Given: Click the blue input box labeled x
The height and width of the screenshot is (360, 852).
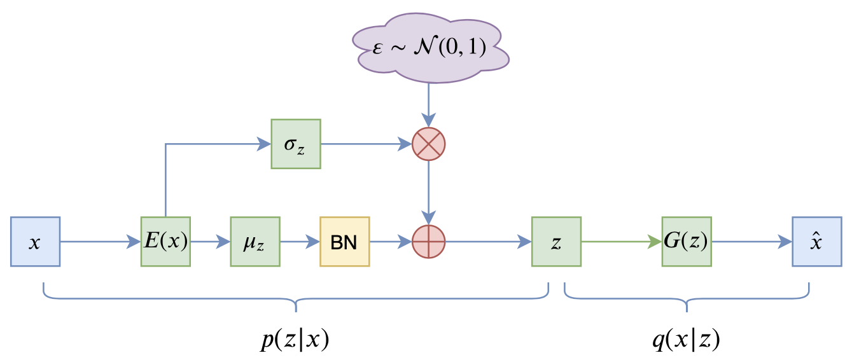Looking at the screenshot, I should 35,242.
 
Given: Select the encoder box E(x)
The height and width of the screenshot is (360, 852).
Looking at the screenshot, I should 165,242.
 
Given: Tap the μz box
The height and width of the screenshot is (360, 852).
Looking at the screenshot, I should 255,242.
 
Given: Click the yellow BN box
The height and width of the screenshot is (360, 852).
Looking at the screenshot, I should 344,242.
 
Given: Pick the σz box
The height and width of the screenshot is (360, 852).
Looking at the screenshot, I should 296,144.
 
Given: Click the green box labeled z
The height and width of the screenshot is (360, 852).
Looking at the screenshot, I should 556,242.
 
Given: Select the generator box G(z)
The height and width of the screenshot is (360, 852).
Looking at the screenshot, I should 687,242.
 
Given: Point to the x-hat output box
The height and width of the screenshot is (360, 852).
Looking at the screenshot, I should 817,242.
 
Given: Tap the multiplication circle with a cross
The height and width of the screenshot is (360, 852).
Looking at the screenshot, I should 429,144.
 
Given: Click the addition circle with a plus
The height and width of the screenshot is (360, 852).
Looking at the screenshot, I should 429,242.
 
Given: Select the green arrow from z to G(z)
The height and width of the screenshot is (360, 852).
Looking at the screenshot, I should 621,242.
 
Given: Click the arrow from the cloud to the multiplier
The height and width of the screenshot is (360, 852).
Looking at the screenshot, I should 429,105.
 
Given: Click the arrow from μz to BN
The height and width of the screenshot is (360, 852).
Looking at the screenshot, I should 300,242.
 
